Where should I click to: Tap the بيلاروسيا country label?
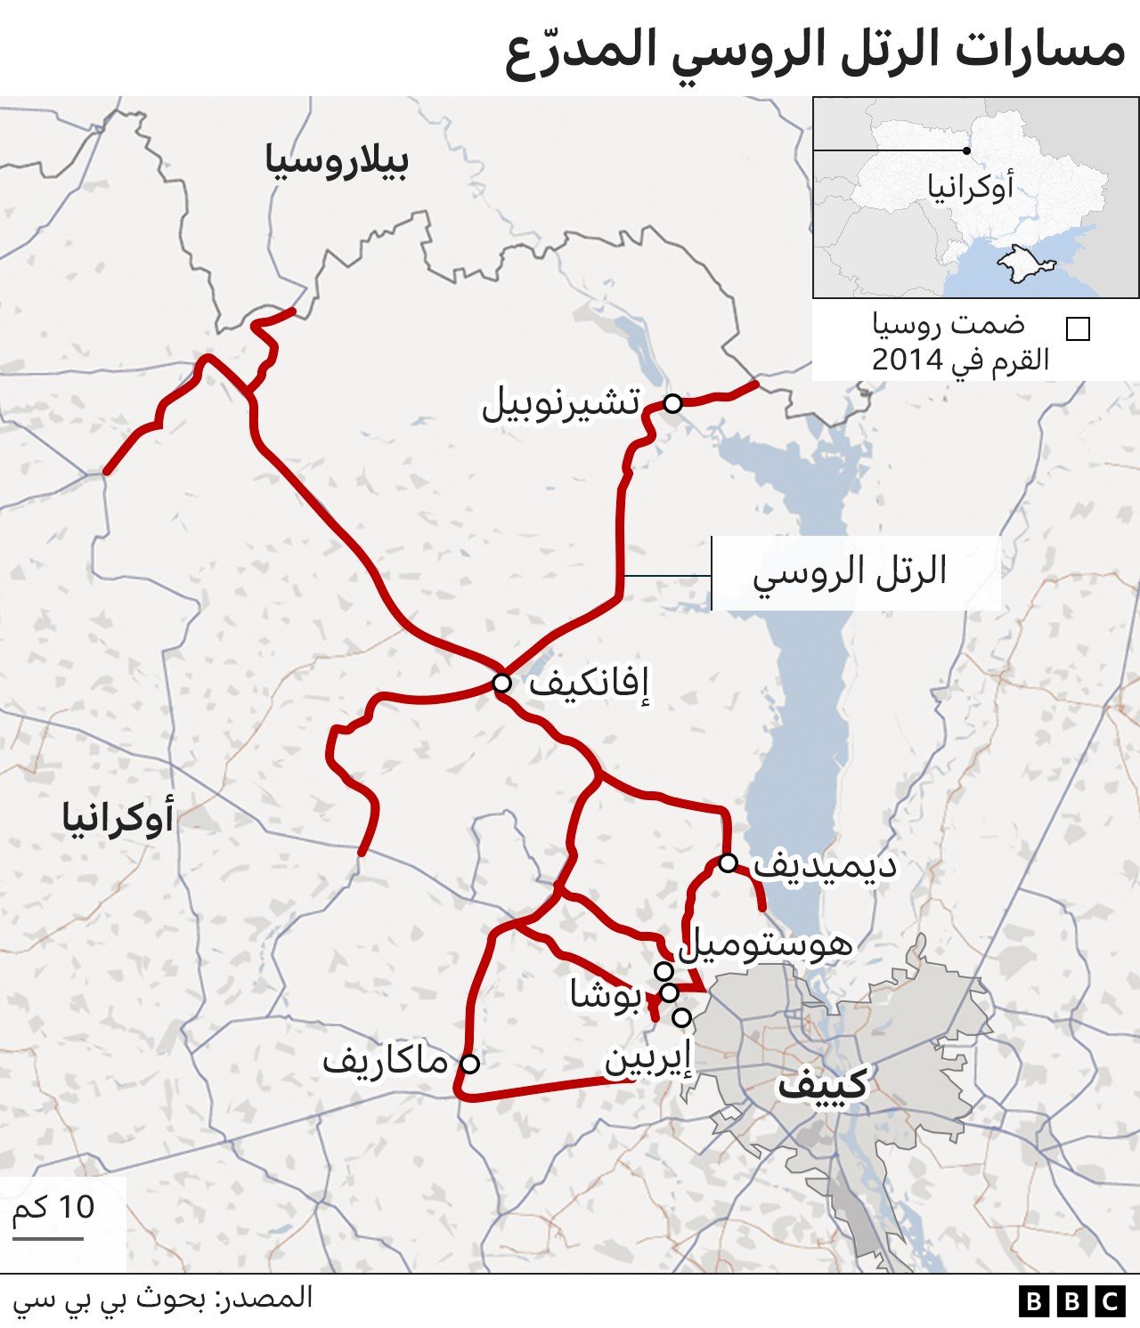point(337,161)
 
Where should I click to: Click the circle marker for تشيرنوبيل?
point(672,403)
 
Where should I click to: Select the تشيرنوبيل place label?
point(561,405)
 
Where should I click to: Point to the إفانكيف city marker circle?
point(501,683)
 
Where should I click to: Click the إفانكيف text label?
point(589,684)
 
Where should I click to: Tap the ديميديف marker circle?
point(728,862)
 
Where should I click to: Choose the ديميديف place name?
point(824,865)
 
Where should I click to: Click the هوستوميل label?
point(765,943)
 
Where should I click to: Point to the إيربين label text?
point(647,1060)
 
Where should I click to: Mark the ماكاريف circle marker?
point(469,1063)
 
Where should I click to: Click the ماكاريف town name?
point(385,1061)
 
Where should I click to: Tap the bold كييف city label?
point(822,1084)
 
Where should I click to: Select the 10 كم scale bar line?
point(48,1237)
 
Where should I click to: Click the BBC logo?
point(1071,1301)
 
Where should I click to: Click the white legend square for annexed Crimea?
point(1078,329)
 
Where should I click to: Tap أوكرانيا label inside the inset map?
point(971,188)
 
